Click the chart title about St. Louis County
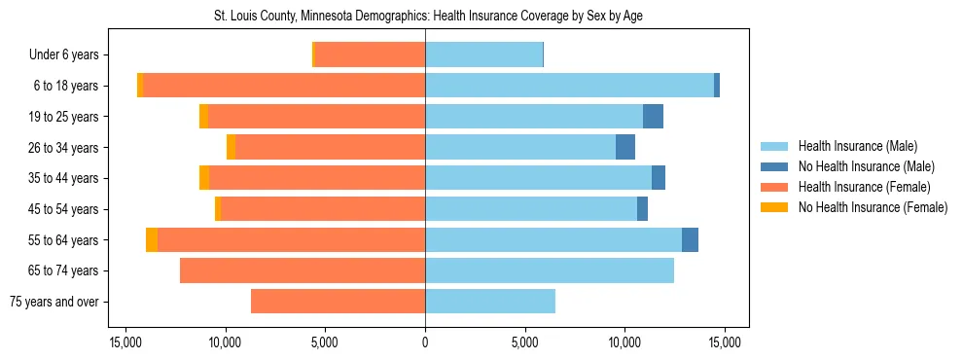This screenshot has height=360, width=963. (428, 17)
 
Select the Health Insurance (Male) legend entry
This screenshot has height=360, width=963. (857, 146)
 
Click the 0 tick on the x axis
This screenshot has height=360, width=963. (425, 342)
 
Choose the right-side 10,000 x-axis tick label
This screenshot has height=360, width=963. (624, 342)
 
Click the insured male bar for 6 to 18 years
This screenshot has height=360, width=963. (569, 86)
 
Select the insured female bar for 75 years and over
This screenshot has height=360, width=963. (338, 302)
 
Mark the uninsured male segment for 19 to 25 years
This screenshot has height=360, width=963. (653, 117)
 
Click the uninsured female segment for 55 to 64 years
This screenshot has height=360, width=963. (152, 239)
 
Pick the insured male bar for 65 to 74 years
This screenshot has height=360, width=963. (550, 270)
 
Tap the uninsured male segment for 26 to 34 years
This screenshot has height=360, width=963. (625, 147)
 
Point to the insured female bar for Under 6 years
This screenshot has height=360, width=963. (370, 55)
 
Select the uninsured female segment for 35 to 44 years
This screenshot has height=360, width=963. (204, 178)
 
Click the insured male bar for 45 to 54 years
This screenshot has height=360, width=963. (531, 209)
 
